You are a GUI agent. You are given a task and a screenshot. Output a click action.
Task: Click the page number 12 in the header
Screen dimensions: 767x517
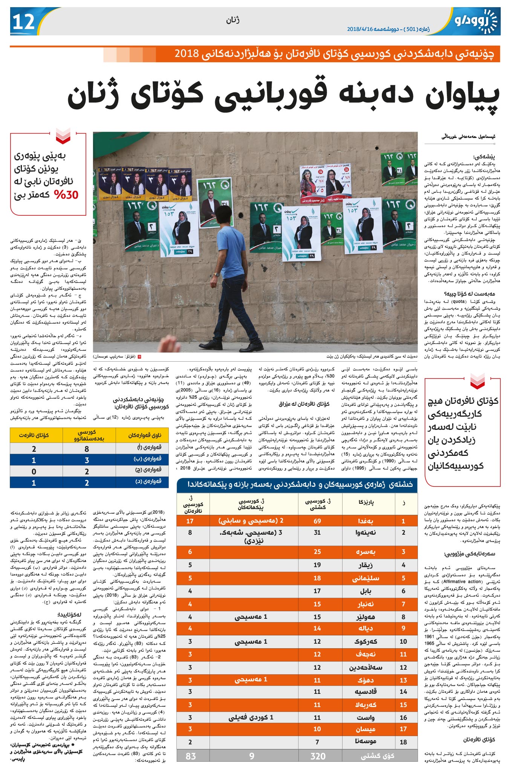[24, 22]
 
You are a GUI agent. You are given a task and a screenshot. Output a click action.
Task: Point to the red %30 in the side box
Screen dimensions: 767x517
[66, 195]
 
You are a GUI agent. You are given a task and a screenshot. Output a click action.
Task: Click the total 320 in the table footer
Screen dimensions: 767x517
[318, 756]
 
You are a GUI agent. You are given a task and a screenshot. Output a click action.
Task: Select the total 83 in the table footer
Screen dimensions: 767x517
[191, 756]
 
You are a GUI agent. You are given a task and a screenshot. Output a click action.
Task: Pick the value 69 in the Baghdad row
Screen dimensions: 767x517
[317, 521]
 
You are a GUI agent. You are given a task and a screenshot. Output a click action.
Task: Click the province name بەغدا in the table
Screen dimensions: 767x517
[366, 521]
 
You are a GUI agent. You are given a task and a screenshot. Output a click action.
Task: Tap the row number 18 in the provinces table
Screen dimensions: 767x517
[403, 742]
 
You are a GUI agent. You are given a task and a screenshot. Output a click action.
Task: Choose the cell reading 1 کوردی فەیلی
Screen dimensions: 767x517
[251, 717]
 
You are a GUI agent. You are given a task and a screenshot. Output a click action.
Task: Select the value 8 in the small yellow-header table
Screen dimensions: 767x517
[87, 449]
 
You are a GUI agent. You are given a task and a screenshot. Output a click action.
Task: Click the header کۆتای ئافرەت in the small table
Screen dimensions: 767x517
[34, 435]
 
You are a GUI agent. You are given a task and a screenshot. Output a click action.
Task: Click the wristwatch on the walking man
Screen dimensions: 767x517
[216, 275]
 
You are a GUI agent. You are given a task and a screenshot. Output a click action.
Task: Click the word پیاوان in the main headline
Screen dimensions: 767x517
[462, 96]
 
